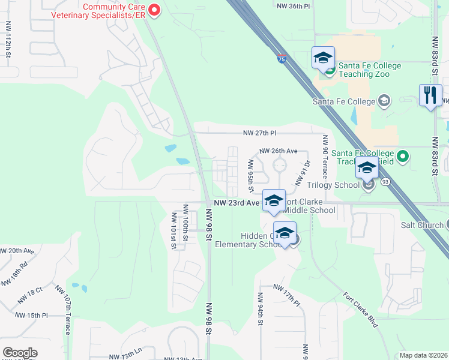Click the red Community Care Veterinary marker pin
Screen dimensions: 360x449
154,10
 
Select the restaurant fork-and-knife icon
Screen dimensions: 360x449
430,96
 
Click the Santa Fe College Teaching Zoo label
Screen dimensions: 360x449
364,70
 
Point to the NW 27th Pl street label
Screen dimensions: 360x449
259,133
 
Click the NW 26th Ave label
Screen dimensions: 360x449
279,151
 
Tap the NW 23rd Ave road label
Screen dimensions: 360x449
236,203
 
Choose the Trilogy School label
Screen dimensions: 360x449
337,185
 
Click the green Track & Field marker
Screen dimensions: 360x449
403,157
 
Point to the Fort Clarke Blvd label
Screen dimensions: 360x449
360,309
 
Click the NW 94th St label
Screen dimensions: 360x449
261,308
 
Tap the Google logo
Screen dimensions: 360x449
20,353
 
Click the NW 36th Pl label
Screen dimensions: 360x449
294,5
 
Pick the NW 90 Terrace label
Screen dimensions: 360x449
325,156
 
